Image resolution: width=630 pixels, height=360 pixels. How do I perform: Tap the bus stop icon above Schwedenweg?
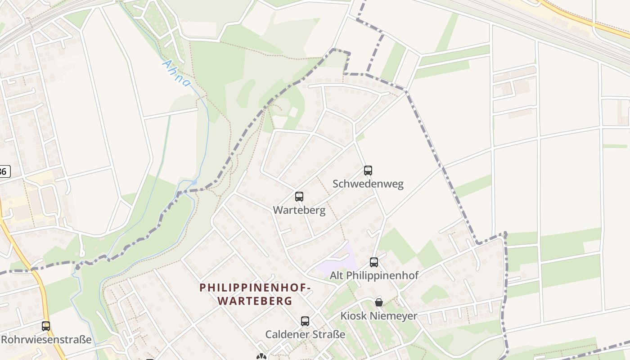pyautogui.click(x=368, y=171)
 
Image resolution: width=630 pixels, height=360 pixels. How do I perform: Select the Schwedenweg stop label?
pyautogui.click(x=368, y=184)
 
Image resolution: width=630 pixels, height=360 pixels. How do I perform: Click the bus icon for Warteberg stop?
pyautogui.click(x=299, y=197)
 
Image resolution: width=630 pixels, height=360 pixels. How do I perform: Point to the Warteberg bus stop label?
pyautogui.click(x=299, y=210)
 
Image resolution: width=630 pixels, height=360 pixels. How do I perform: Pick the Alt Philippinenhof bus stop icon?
pyautogui.click(x=374, y=262)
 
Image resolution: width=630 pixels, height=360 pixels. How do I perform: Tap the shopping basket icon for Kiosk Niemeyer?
pyautogui.click(x=379, y=302)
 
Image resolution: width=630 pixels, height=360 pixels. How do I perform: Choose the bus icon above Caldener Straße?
pyautogui.click(x=305, y=321)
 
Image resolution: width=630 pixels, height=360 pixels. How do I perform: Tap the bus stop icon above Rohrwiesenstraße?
pyautogui.click(x=46, y=326)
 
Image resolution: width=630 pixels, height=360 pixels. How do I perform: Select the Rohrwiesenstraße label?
pyautogui.click(x=46, y=339)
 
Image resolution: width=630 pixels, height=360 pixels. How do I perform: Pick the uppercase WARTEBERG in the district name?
pyautogui.click(x=255, y=301)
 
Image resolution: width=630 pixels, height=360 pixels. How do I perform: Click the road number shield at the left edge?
pyautogui.click(x=4, y=171)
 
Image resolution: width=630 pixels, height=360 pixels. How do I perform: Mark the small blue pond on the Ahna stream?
pyautogui.click(x=194, y=182)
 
